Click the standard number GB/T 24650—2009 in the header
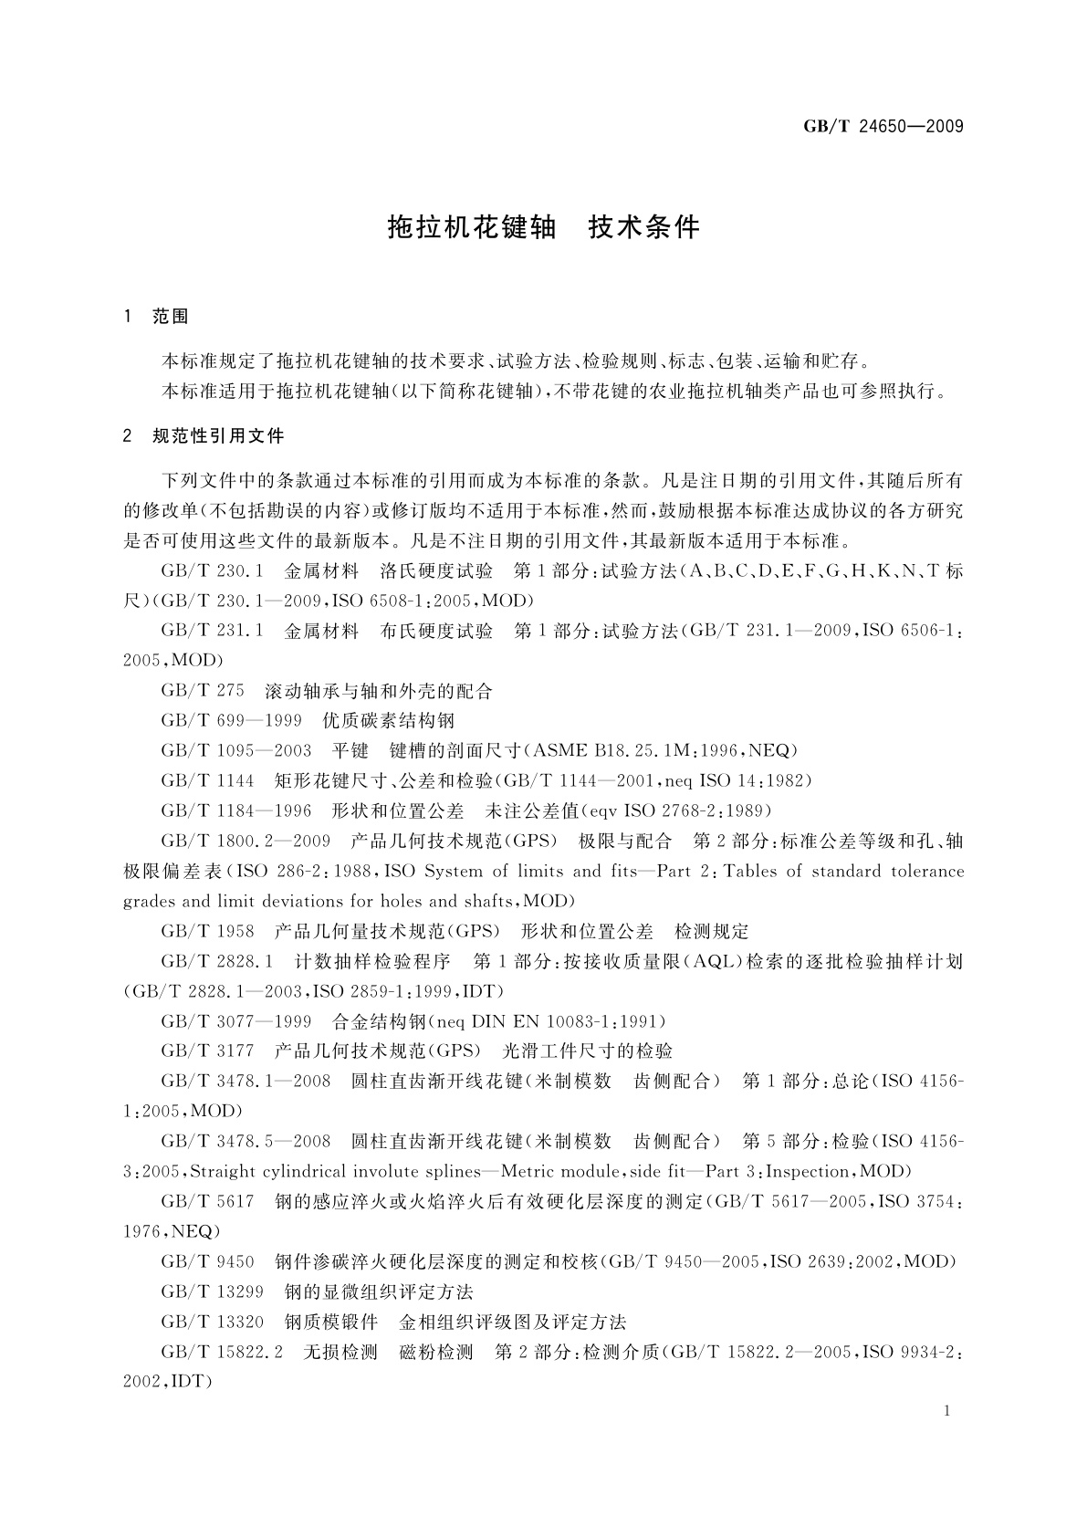click(x=883, y=126)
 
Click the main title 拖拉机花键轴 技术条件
click(x=543, y=227)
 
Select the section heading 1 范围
click(x=156, y=317)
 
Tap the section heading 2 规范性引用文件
click(x=204, y=436)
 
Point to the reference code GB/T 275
click(x=203, y=691)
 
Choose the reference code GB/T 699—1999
click(x=231, y=721)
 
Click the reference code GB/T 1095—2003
click(x=236, y=751)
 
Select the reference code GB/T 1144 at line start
click(x=207, y=781)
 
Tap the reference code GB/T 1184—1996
click(x=236, y=810)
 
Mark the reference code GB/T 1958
click(x=207, y=932)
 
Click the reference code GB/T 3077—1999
click(x=236, y=1021)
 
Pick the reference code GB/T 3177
click(x=207, y=1051)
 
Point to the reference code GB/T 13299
click(x=212, y=1292)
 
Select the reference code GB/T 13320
click(x=212, y=1323)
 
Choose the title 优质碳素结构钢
click(x=389, y=721)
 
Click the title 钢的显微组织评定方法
click(x=379, y=1292)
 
